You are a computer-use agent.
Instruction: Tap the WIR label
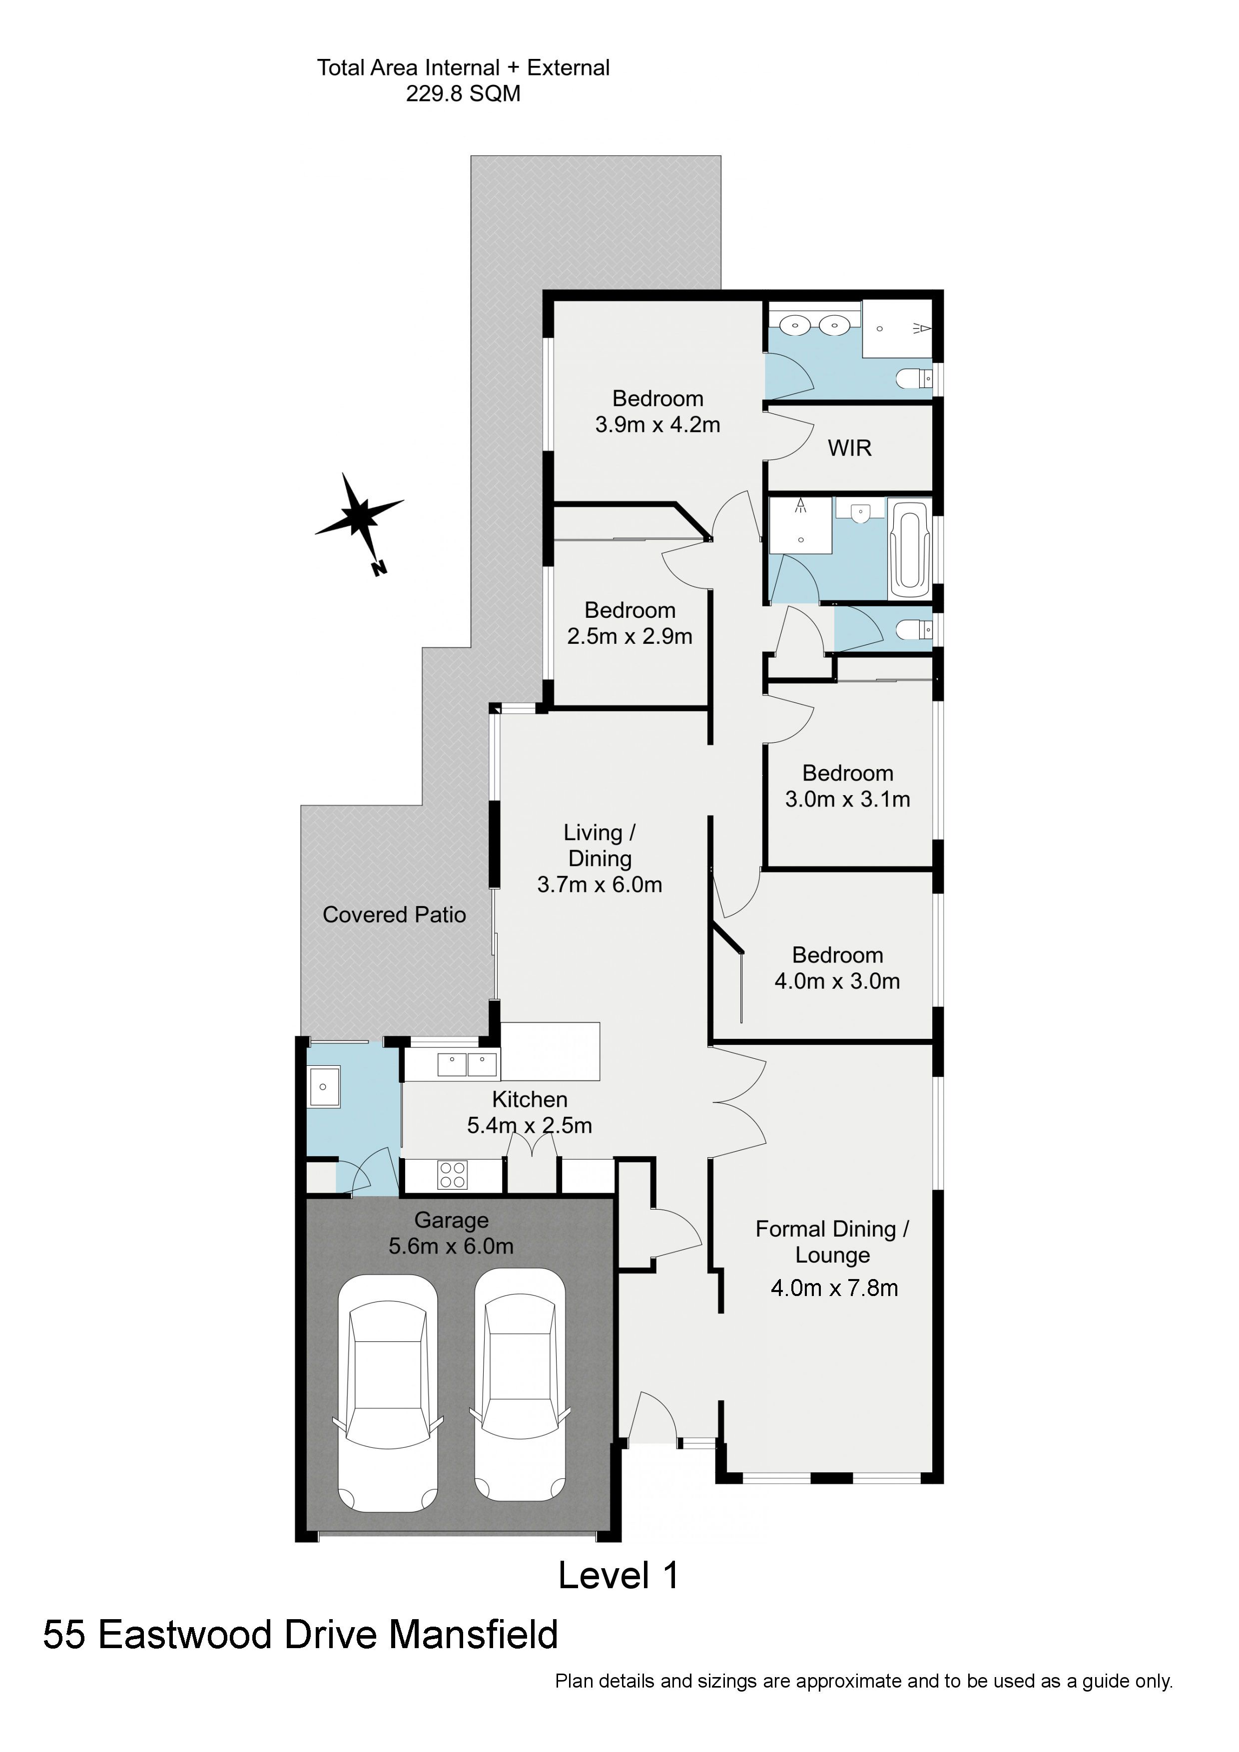tap(850, 448)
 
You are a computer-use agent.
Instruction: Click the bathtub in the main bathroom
tap(909, 549)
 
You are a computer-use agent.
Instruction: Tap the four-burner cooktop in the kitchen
tap(452, 1174)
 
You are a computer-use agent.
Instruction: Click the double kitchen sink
tap(467, 1064)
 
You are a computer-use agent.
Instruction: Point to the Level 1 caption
tap(619, 1575)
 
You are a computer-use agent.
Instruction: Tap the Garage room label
tap(451, 1220)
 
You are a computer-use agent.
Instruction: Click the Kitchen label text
tap(529, 1100)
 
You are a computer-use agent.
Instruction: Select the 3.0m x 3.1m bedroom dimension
tap(847, 799)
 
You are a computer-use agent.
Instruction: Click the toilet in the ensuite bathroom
tap(914, 378)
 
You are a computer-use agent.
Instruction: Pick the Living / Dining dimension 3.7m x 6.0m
tap(600, 884)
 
